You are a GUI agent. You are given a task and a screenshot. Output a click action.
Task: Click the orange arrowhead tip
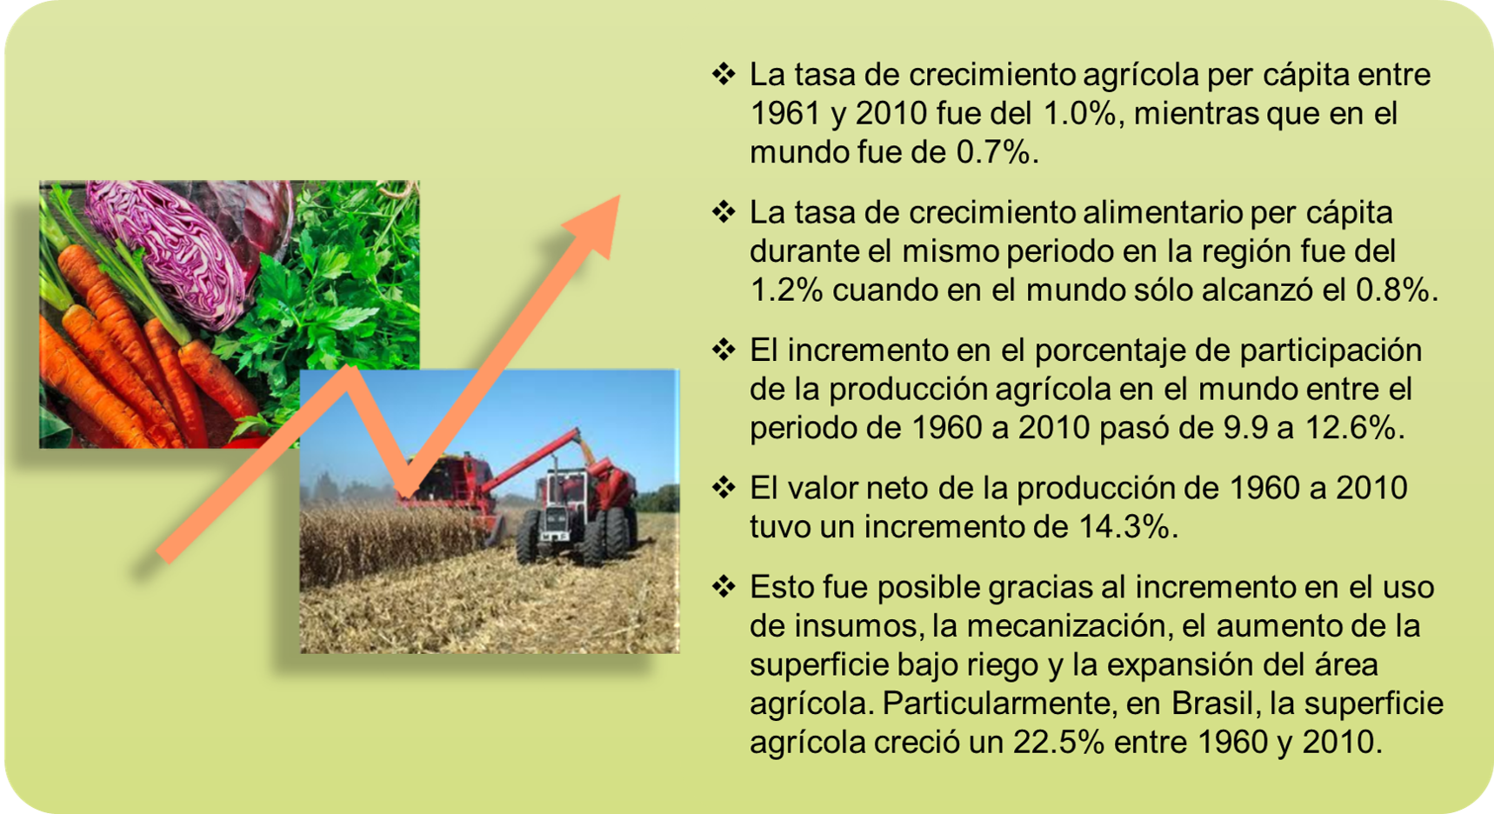point(620,195)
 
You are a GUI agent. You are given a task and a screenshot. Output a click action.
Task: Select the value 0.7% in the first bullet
point(993,152)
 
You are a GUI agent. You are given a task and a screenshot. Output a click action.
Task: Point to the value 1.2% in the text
point(786,290)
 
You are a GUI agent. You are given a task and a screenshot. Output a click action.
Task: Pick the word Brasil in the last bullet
point(1212,703)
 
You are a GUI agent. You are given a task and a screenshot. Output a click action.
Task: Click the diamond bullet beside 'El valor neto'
point(724,487)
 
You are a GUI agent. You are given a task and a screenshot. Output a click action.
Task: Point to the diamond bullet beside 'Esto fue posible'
point(724,586)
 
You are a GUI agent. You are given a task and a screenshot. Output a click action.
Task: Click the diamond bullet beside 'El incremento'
point(724,350)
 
